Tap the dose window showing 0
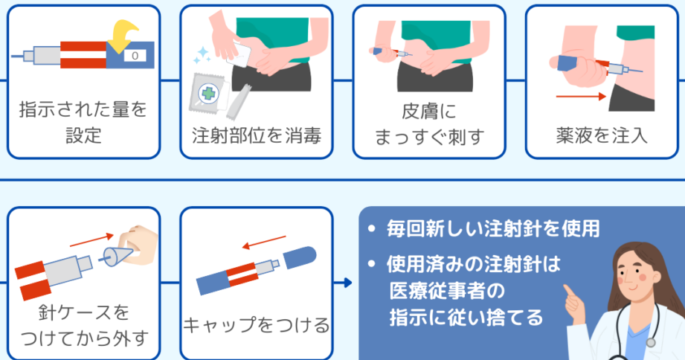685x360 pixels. [x=135, y=56]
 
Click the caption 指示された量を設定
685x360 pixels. [x=83, y=122]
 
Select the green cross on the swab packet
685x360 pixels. [x=208, y=94]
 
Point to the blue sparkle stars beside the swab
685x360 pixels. [x=202, y=56]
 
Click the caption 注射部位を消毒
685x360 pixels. [x=257, y=135]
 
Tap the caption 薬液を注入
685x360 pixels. [x=601, y=135]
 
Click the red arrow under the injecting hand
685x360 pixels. [x=581, y=96]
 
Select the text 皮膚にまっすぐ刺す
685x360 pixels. [x=429, y=123]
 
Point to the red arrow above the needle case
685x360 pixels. [x=91, y=240]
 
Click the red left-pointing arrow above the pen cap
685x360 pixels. [x=264, y=242]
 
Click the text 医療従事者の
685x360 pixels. [x=447, y=291]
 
